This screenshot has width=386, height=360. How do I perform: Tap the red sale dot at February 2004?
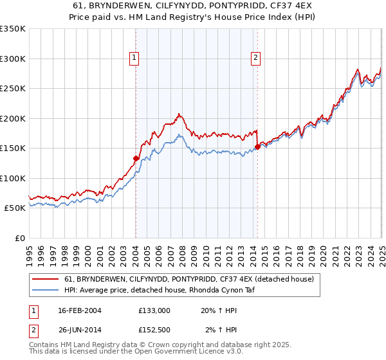[x=136, y=158]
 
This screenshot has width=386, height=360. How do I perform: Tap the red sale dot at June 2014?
[x=257, y=147]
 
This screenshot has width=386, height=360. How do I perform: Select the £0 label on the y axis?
[x=19, y=238]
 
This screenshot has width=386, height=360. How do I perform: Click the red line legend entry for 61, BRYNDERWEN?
[x=188, y=279]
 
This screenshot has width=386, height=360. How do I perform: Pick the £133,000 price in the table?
[x=154, y=310]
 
